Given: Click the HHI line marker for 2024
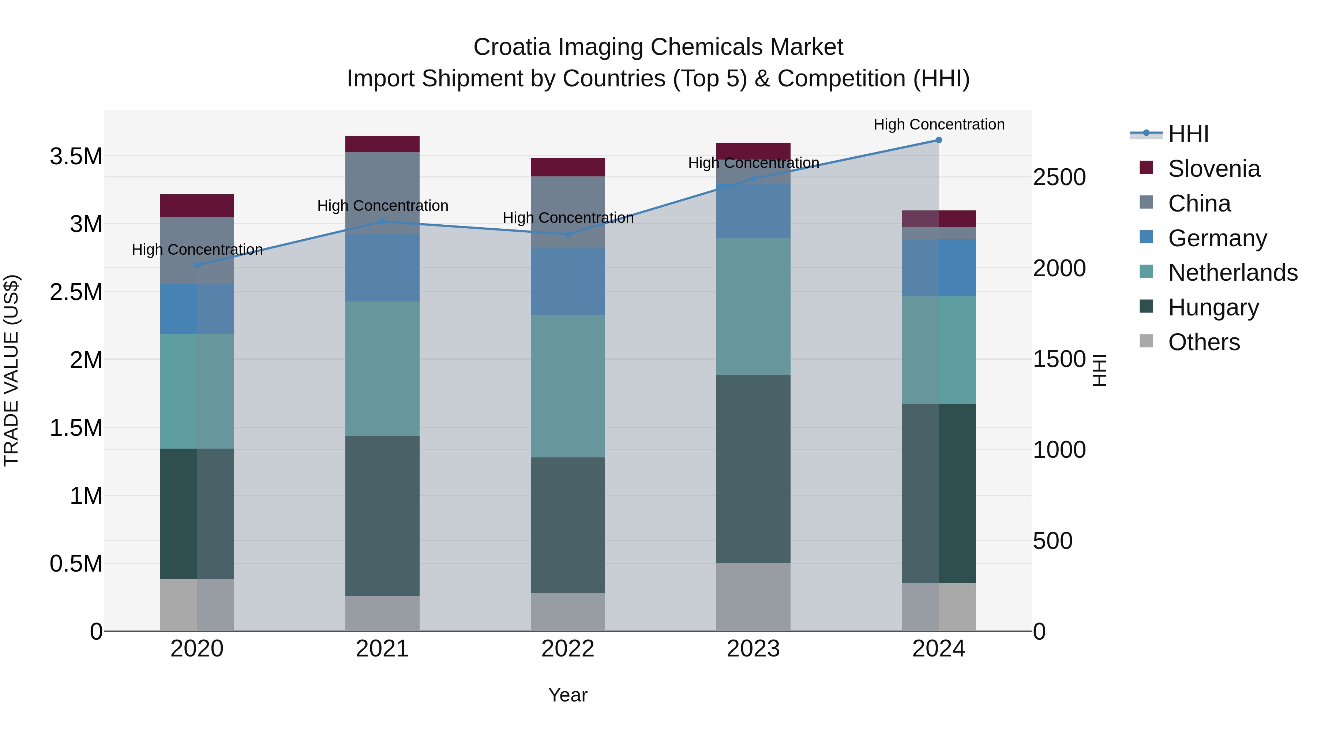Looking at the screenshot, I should coord(939,140).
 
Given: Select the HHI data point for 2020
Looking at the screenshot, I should coord(197,265).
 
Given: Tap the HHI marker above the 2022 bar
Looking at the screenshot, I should coord(567,234).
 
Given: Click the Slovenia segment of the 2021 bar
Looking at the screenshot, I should coord(382,144).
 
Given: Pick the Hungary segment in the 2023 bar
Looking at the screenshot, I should coord(753,469).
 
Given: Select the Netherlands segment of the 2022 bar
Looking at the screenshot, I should coord(567,386).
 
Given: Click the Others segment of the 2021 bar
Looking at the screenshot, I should coord(382,613).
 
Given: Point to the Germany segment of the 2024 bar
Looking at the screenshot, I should coord(939,267).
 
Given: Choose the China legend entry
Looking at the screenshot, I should coord(1199,203).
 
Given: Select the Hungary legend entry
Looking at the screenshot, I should coord(1213,307).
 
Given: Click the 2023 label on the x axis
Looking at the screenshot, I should coord(753,649).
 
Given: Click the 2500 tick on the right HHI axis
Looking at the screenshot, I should coord(1059,177).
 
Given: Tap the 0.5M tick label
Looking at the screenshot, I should coord(76,564).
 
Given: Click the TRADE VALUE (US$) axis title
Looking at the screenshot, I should coord(11,370).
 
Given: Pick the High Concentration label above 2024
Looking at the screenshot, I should coord(939,124).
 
